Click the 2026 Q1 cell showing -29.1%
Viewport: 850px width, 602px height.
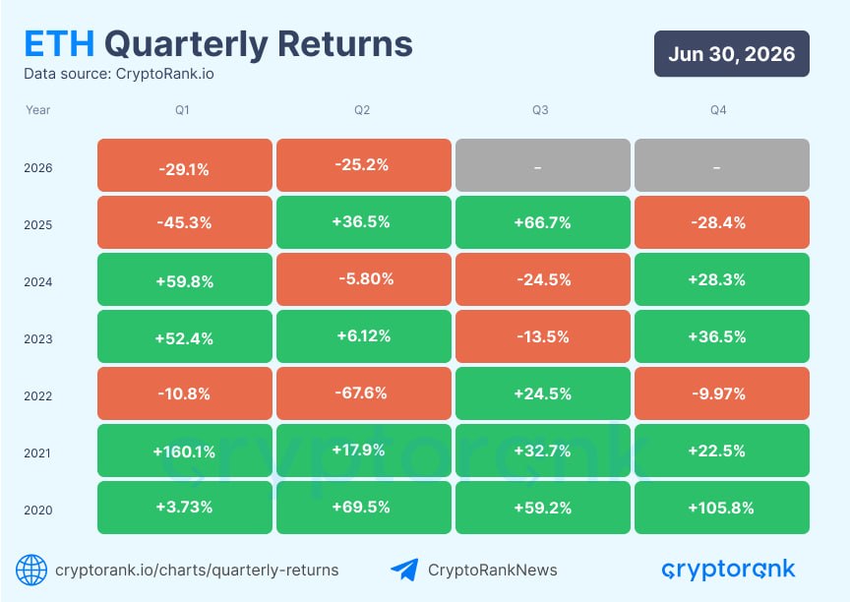[185, 165]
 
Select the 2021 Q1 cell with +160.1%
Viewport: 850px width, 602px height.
[185, 451]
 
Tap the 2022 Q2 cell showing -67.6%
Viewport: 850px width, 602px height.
[364, 393]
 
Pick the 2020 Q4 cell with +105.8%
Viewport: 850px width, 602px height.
[722, 508]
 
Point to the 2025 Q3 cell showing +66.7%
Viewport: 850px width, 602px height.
[543, 222]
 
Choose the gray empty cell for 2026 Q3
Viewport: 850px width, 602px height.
[543, 165]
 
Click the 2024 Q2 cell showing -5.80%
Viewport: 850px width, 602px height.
[364, 279]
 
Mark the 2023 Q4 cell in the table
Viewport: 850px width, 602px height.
[722, 336]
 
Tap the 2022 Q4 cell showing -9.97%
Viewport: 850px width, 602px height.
[722, 393]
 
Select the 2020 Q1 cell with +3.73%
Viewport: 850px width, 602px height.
[185, 508]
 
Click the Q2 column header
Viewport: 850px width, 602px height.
[362, 110]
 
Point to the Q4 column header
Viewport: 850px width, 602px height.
[718, 110]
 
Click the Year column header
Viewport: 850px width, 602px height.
[38, 110]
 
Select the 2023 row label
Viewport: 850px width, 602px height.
[38, 339]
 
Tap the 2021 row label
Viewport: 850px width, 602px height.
[37, 453]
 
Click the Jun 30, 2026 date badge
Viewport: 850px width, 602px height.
[732, 54]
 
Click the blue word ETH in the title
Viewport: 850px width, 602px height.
[60, 44]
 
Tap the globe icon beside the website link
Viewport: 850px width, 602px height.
[31, 570]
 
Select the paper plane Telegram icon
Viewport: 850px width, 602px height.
[404, 570]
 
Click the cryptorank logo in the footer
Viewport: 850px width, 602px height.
[728, 570]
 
